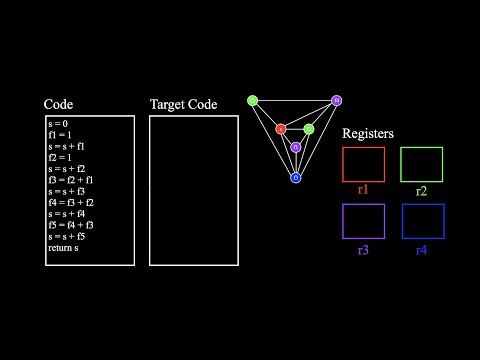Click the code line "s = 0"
click(x=59, y=124)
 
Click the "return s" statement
click(x=63, y=247)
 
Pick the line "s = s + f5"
click(x=67, y=236)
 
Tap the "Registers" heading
click(x=368, y=133)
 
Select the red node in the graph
click(x=281, y=129)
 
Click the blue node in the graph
click(x=296, y=178)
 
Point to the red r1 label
click(x=363, y=188)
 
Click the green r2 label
click(x=421, y=188)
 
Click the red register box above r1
click(x=363, y=164)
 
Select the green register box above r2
click(x=421, y=164)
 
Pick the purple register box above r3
click(x=363, y=221)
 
